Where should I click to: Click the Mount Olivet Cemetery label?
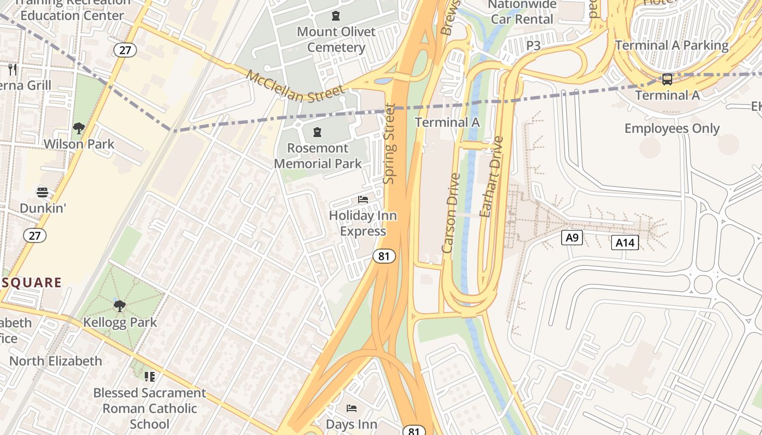click(336, 39)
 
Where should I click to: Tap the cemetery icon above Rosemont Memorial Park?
click(317, 132)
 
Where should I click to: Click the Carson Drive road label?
click(451, 213)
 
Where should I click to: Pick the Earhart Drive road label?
click(491, 177)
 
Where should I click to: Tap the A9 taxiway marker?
click(571, 237)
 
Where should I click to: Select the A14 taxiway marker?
click(624, 243)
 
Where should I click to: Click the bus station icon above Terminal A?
click(667, 79)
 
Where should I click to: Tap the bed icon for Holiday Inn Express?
click(363, 200)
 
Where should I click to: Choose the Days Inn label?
click(351, 424)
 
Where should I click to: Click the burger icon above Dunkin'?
click(42, 192)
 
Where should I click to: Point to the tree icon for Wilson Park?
click(79, 128)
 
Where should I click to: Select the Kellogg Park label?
click(120, 322)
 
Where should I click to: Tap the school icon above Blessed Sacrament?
click(150, 376)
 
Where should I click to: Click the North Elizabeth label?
click(56, 361)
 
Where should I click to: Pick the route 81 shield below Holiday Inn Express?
click(384, 256)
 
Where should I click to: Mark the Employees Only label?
click(672, 128)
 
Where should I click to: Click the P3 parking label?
click(533, 46)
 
